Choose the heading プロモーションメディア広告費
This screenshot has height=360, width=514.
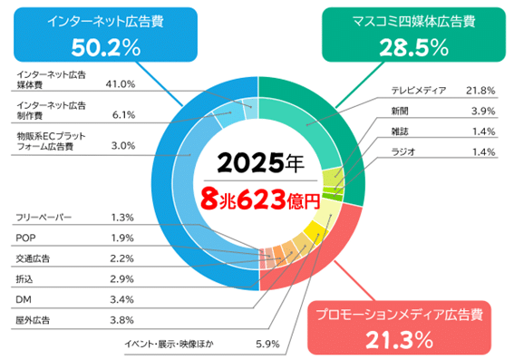[398, 315]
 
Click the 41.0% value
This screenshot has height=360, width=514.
[121, 83]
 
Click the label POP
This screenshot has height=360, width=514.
[26, 238]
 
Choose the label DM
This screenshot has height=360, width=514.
[24, 298]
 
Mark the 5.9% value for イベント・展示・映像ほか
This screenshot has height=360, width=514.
[267, 343]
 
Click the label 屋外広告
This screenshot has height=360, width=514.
[34, 319]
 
